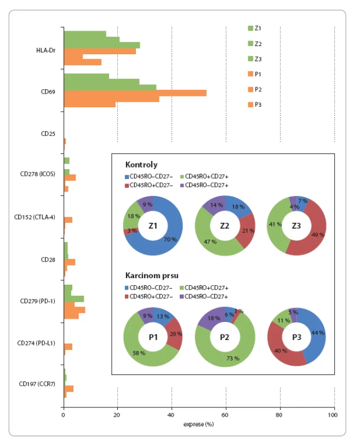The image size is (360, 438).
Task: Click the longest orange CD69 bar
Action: pos(135,93)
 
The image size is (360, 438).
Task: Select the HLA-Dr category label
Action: pos(46,50)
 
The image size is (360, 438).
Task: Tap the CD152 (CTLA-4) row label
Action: pos(35,217)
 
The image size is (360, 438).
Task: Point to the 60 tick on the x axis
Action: pos(225,415)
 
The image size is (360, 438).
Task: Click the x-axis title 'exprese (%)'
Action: pos(198,424)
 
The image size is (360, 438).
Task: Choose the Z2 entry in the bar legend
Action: pos(255,44)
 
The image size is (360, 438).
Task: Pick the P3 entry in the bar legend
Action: pos(255,105)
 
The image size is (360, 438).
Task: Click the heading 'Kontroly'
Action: pos(141,165)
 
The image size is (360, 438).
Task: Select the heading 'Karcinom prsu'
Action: pos(152,275)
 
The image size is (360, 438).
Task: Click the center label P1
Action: pos(153,337)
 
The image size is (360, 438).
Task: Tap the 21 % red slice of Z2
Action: pos(247,230)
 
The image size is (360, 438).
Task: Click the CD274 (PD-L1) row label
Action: pos(36,343)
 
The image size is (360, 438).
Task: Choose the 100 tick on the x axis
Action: pos(333,415)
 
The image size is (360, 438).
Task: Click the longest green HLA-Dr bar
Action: pos(102,45)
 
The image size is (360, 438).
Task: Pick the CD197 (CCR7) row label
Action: pos(37,384)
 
